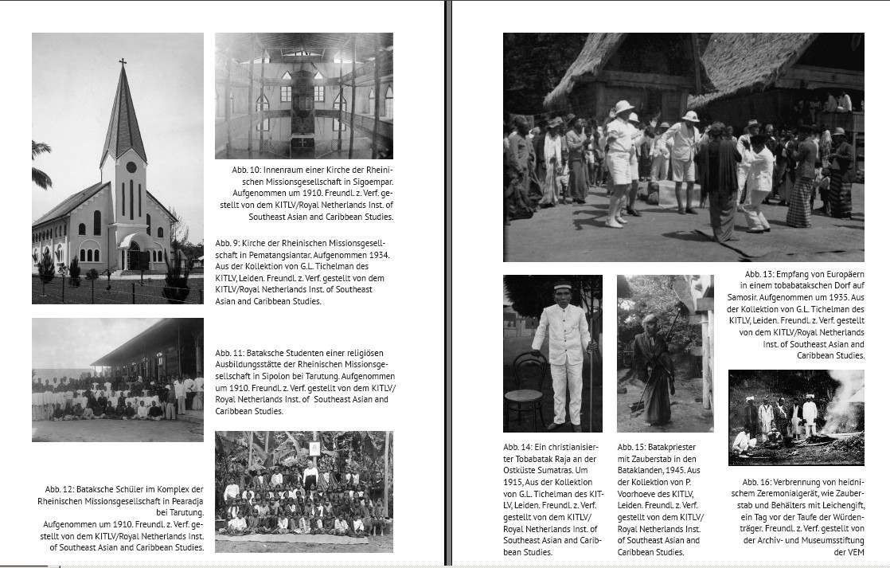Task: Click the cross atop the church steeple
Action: [x=123, y=61]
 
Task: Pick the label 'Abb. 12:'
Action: [x=61, y=489]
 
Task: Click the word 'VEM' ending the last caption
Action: [x=855, y=552]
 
